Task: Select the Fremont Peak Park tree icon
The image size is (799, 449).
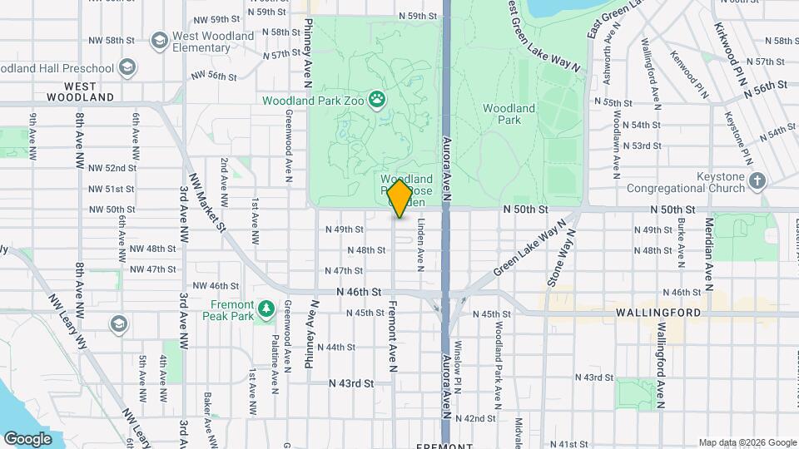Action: point(266,309)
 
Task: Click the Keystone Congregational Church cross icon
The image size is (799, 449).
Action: point(757,180)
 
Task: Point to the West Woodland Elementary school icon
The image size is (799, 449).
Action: point(158,41)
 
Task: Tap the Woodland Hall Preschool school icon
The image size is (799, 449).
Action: point(127,66)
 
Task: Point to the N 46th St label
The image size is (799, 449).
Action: point(358,293)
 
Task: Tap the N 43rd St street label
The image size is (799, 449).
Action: point(350,383)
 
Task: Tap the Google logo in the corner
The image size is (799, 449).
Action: point(27,438)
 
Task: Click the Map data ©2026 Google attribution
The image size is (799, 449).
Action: point(747,442)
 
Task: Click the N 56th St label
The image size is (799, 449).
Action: point(766,86)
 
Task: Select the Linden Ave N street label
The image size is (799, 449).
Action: point(422,244)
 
